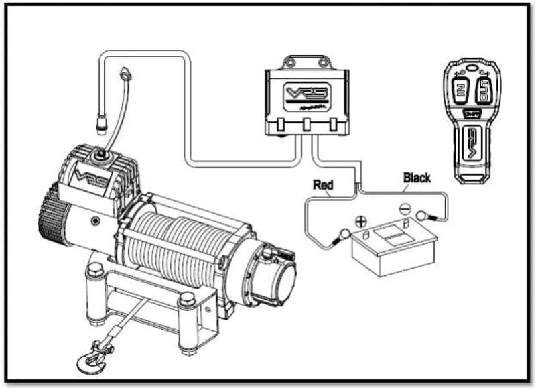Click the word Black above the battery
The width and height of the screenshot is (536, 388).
click(417, 178)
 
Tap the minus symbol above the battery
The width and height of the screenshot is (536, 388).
click(405, 209)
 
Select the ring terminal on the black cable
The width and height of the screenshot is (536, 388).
click(423, 216)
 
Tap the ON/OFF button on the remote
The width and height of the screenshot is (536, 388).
click(472, 114)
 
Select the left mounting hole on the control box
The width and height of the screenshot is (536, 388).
click(289, 62)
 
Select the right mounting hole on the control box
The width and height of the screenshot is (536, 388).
click(326, 62)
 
